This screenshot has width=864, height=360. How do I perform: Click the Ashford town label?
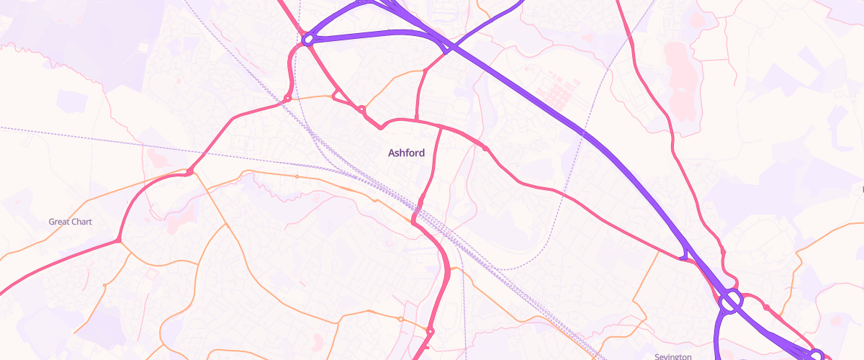tap(406, 153)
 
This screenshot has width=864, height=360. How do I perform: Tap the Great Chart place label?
tap(70, 222)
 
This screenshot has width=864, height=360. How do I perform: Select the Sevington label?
tap(673, 356)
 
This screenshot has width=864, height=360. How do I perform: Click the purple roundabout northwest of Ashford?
tap(308, 40)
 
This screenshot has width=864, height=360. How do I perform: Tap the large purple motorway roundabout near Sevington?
tap(730, 301)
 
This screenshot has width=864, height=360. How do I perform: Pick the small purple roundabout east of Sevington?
tap(816, 354)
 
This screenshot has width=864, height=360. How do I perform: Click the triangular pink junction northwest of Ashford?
tap(336, 96)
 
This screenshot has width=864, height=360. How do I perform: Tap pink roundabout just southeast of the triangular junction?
tap(361, 110)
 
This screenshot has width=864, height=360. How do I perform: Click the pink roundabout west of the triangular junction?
tap(287, 98)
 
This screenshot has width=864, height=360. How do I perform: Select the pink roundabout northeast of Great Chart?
tap(189, 171)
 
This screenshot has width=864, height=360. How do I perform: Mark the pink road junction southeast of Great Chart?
tap(119, 240)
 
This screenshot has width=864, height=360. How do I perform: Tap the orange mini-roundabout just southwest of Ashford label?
tap(296, 176)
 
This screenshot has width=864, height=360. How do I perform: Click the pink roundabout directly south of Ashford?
tap(430, 331)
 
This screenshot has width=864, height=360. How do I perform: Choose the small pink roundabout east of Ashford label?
tap(486, 149)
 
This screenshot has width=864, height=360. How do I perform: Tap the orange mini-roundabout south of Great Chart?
tap(105, 286)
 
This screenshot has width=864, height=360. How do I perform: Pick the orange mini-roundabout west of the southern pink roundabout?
tap(400, 318)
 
